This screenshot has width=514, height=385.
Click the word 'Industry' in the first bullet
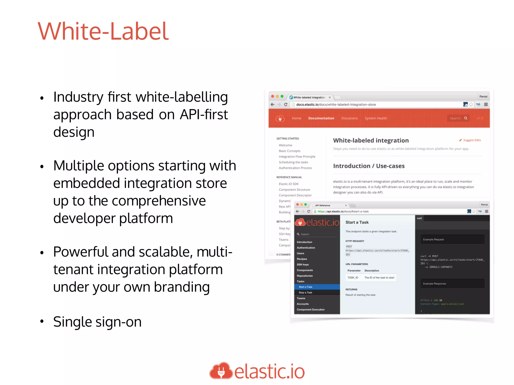click(78, 97)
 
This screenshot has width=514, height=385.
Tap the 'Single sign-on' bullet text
click(97, 322)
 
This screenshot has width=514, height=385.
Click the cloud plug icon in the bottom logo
click(221, 371)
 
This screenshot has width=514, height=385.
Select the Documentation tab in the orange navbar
click(321, 118)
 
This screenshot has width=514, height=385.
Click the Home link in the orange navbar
click(296, 118)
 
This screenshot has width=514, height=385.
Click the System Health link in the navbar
click(376, 118)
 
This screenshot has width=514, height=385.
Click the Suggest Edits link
click(471, 140)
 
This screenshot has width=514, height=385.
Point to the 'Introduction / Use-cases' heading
click(369, 166)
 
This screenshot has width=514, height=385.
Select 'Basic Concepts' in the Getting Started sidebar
click(289, 151)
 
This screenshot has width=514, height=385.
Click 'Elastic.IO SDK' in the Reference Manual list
click(289, 184)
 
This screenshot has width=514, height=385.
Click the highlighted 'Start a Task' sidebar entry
click(305, 287)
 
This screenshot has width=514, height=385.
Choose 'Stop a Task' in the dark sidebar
click(305, 293)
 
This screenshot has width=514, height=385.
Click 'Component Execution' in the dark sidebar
click(310, 310)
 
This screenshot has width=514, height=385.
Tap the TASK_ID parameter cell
click(353, 278)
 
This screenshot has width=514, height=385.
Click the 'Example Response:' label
click(434, 284)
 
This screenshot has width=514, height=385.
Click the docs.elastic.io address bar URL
click(336, 105)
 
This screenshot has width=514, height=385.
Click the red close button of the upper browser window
click(273, 97)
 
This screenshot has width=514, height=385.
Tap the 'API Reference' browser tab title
click(323, 205)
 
